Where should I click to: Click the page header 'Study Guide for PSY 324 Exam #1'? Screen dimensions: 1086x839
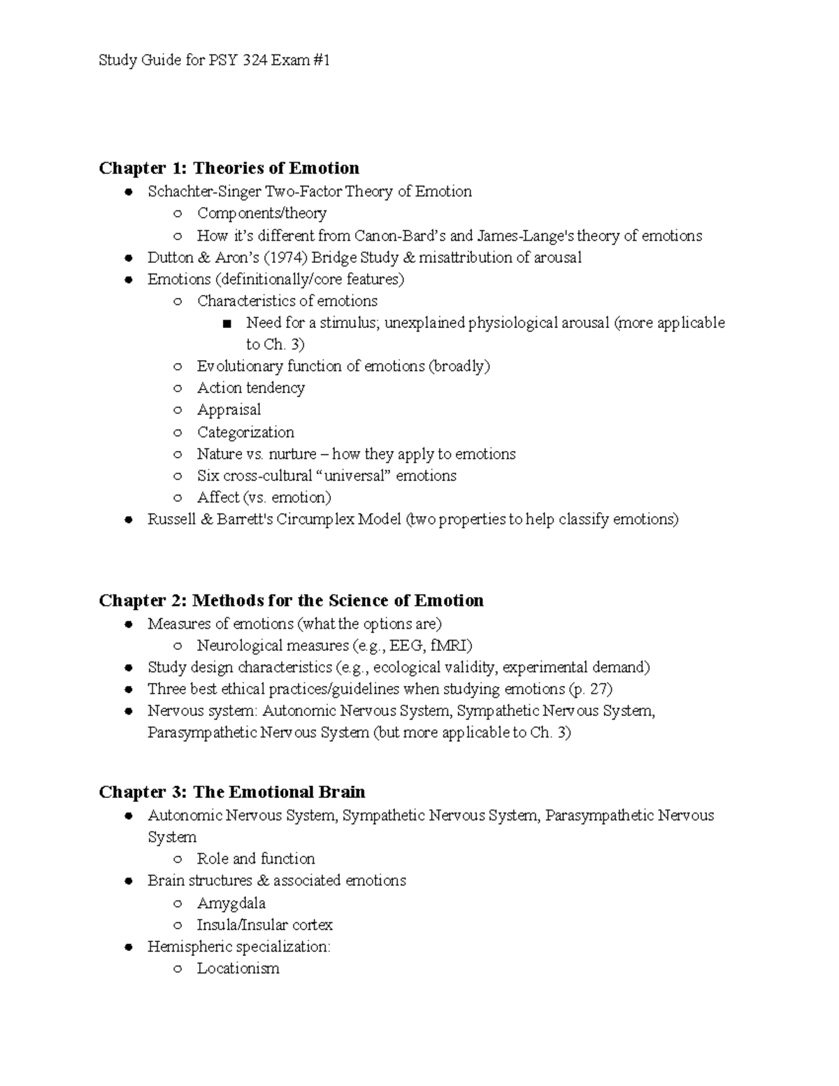coord(214,60)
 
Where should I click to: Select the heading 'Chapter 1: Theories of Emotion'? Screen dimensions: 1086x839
coord(229,168)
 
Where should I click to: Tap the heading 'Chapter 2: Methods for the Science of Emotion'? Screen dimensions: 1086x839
coord(291,601)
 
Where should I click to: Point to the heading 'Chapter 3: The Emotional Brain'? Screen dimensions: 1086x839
coord(231,792)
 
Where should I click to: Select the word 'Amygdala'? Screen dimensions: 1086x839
coord(231,903)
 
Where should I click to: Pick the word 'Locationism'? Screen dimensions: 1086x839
coord(238,969)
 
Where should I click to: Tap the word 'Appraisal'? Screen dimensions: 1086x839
coord(229,410)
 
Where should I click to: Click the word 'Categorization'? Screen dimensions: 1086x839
coord(245,432)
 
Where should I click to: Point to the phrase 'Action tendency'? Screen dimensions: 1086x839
coord(250,388)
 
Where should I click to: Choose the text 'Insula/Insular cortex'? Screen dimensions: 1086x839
coord(264,924)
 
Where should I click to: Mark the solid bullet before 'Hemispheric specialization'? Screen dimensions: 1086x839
coord(128,948)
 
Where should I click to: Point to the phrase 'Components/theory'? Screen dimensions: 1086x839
coord(261,213)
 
